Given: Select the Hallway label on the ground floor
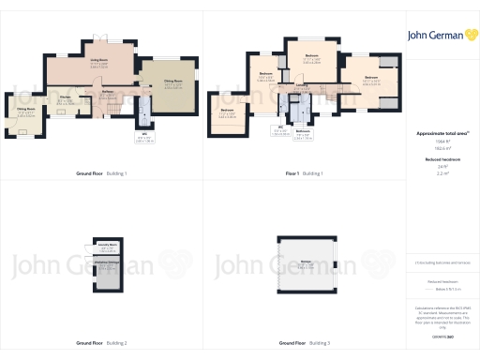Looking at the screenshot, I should pos(108,92).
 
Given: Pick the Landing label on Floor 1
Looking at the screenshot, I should pos(301,88).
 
